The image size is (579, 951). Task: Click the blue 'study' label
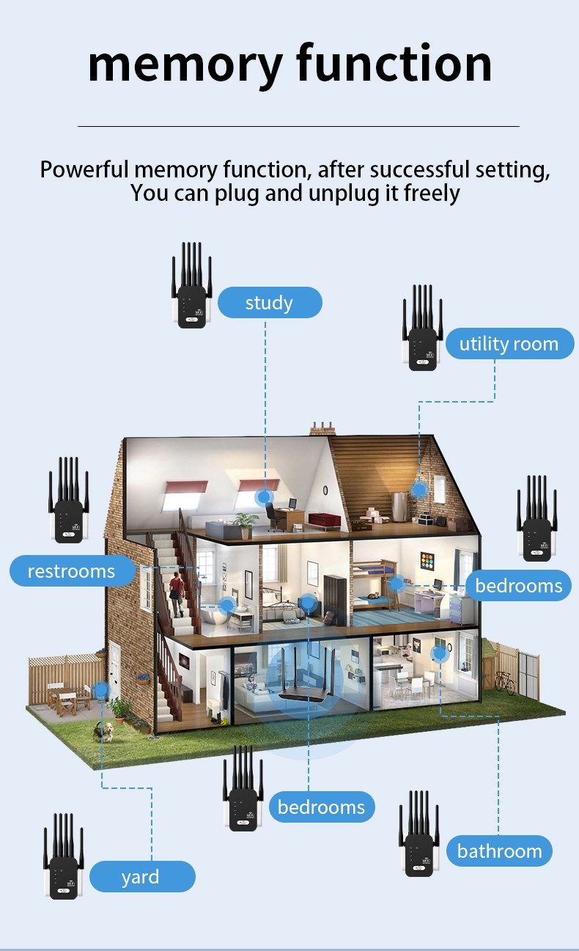[x=269, y=303]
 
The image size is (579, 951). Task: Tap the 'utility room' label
[x=509, y=344]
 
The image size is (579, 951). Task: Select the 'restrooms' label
[x=72, y=571]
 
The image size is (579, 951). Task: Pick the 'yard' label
[x=140, y=877]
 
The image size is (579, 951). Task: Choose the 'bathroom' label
[x=499, y=851]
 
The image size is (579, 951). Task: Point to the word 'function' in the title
[x=394, y=64]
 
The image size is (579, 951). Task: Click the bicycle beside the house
[x=505, y=682]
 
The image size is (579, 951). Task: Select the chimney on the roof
[x=322, y=428]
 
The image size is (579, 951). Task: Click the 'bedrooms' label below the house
[x=321, y=807]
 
